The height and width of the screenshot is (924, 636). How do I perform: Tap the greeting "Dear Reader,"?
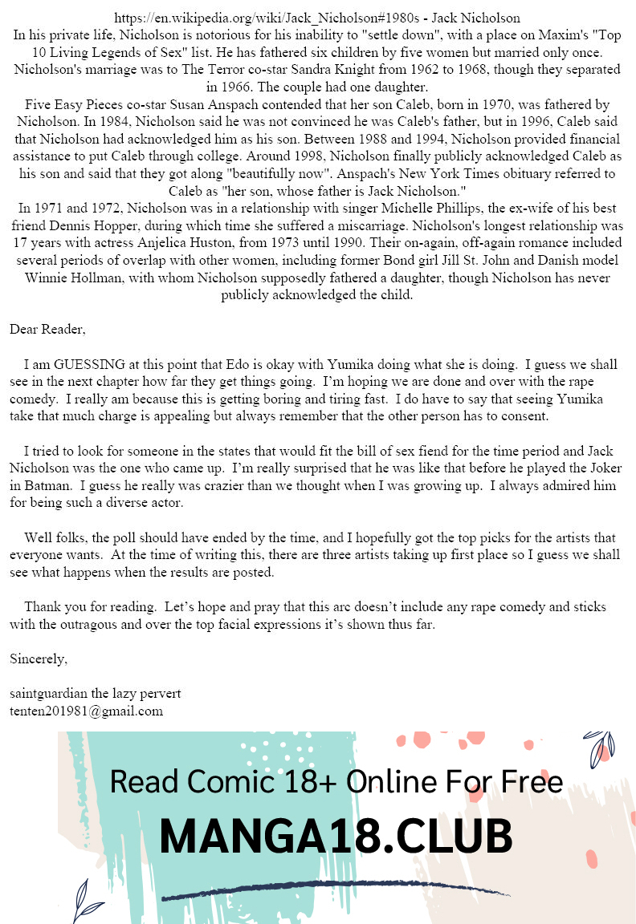[x=47, y=329]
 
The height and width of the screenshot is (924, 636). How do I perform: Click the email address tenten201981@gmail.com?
[x=86, y=711]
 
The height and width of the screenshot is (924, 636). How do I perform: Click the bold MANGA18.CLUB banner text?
[x=336, y=837]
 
